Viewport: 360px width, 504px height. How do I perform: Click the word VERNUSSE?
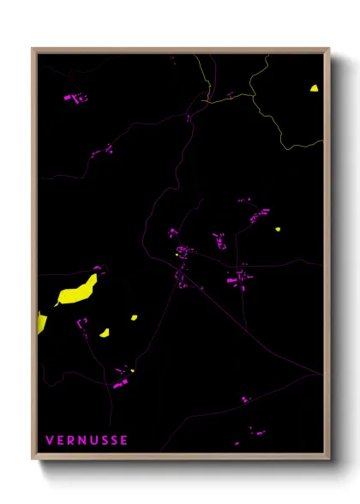pos(87,441)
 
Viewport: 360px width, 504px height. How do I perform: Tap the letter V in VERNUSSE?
pos(49,441)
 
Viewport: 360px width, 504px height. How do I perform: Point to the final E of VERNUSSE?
pos(124,441)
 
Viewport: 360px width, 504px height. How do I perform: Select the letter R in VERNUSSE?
pos(70,441)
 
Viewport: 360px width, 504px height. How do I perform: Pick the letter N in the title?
pos(81,441)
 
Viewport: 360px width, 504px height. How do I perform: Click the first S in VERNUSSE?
pos(103,441)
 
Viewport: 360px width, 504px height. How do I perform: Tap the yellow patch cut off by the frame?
pos(41,323)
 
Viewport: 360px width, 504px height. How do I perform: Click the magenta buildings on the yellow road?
pos(230,95)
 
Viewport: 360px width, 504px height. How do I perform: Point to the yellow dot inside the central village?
pos(177,254)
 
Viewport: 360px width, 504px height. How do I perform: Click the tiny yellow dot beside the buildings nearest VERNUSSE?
pos(133,370)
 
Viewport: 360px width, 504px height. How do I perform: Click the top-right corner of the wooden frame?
pos(329,48)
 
